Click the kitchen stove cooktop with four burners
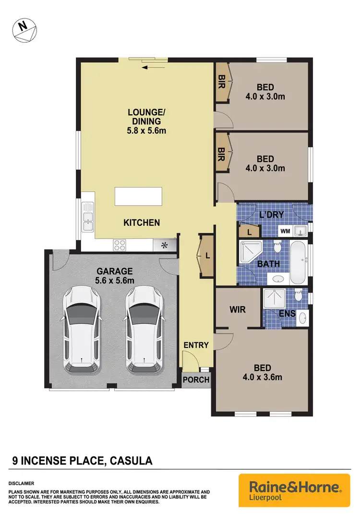coord(120,245)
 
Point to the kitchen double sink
coord(88,219)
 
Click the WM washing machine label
coord(285,231)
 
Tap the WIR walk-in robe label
coord(238,310)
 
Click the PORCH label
coord(196,380)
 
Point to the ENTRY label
coord(196,345)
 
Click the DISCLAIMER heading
coord(21,483)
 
